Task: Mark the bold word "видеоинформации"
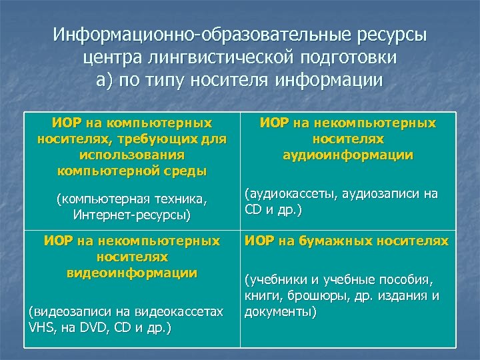click(x=131, y=273)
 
